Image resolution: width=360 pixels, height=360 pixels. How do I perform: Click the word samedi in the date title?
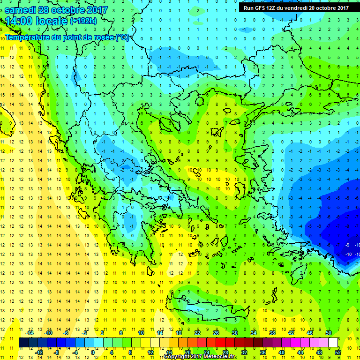point(23,9)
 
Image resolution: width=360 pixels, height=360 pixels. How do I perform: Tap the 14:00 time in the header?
point(19,21)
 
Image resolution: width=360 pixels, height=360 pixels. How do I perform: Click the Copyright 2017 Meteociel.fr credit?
point(201,357)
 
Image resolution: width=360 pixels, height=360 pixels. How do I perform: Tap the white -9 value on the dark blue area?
point(347,245)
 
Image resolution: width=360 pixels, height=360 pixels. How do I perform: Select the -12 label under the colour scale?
point(39,352)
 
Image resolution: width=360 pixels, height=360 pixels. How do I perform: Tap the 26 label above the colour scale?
point(216,332)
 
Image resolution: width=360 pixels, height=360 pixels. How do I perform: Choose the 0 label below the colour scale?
point(93,352)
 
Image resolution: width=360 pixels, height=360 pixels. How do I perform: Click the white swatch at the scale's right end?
point(333,343)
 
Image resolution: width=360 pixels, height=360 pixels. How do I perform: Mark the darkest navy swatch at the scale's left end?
point(23,343)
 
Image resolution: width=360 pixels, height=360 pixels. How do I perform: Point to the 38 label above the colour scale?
point(272,332)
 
